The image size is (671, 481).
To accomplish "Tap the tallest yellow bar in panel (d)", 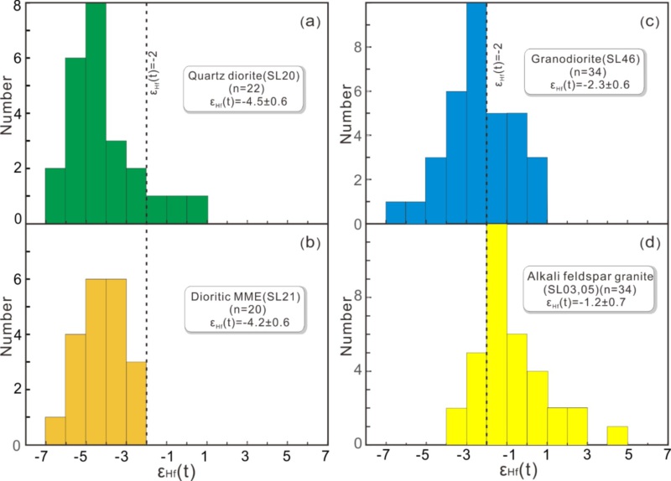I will (x=497, y=335).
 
